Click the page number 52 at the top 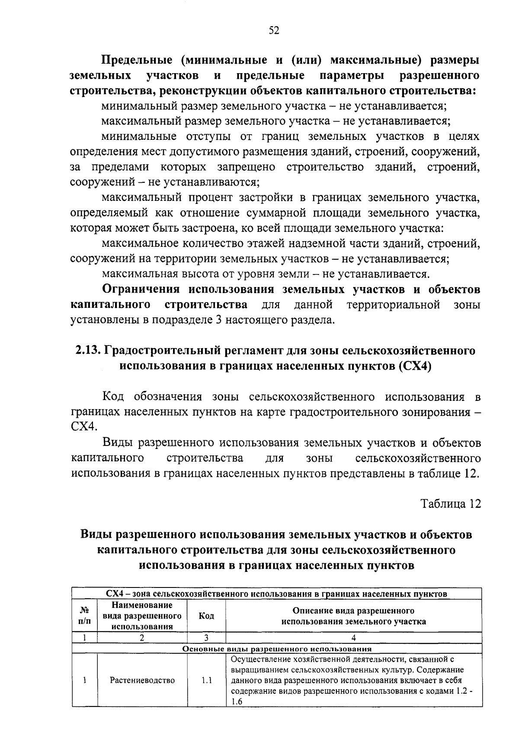(x=274, y=30)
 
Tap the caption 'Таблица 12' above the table (x=450, y=504)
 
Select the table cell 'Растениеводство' (x=142, y=680)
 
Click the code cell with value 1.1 (x=206, y=680)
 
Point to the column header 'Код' (x=206, y=616)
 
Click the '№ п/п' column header (x=85, y=616)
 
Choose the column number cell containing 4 (x=353, y=638)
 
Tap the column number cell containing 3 (x=206, y=638)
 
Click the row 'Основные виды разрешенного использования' (x=277, y=649)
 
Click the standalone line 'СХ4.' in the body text (x=84, y=427)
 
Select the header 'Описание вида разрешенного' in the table (x=353, y=611)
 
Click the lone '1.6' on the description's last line (x=237, y=702)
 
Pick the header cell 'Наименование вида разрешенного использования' (x=142, y=616)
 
